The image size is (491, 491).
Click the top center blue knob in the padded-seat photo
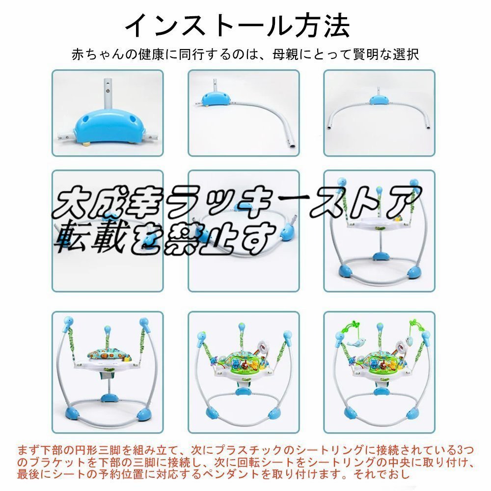pos(107,327)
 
